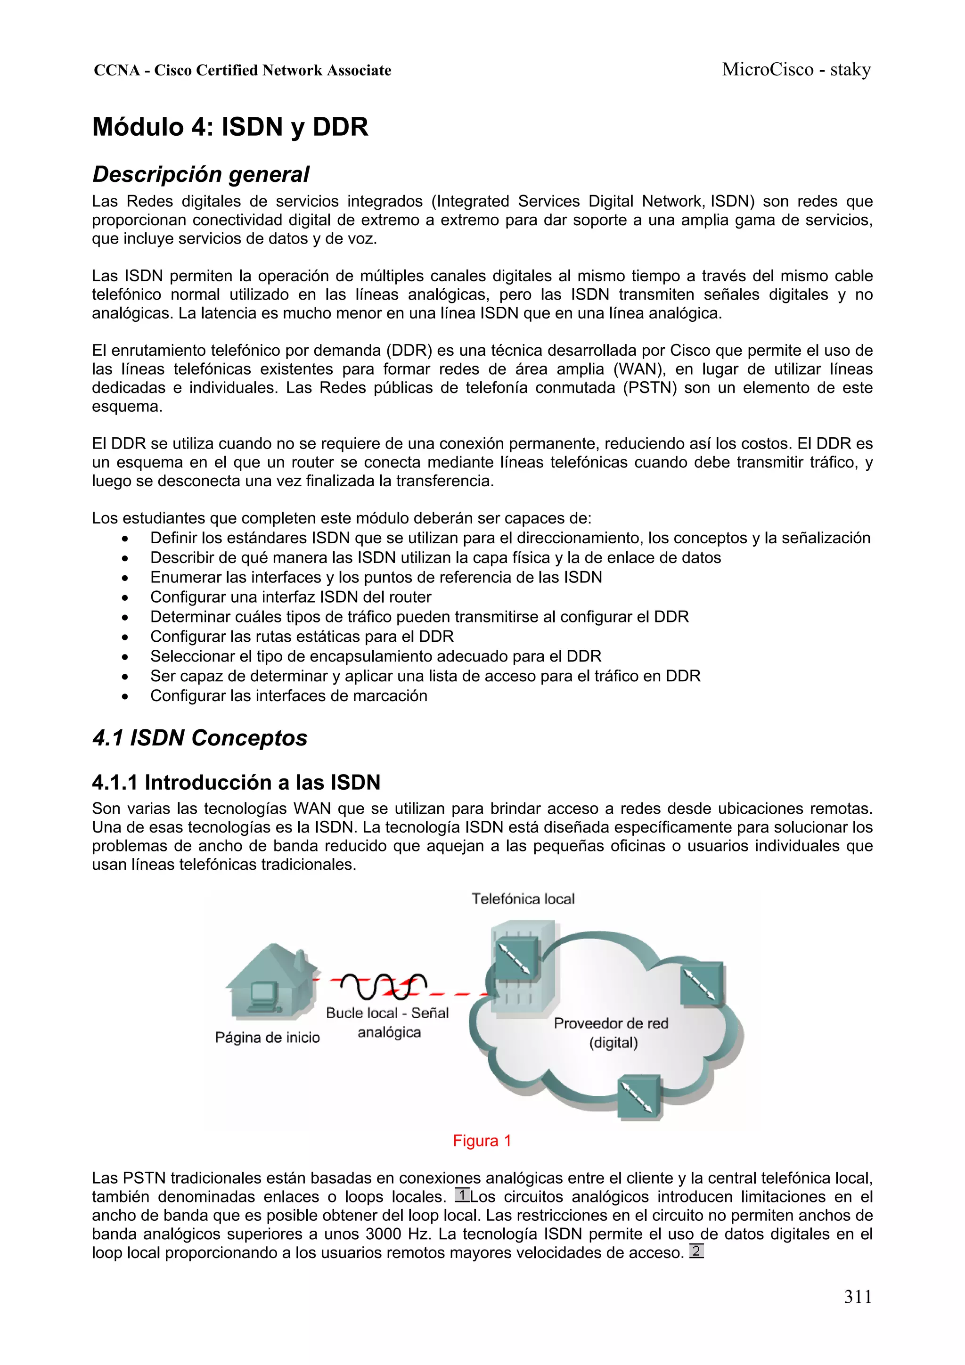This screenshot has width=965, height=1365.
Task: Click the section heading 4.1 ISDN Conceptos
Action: click(200, 738)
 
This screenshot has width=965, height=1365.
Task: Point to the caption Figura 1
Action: click(482, 1140)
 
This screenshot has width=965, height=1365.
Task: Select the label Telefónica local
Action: click(523, 899)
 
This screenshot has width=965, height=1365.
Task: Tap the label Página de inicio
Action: click(267, 1038)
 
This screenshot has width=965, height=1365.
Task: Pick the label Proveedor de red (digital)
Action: click(612, 1033)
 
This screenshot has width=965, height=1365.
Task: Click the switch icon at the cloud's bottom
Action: click(639, 1097)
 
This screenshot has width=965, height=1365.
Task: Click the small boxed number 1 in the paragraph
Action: click(462, 1195)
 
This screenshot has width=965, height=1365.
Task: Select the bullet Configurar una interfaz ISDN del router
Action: click(290, 597)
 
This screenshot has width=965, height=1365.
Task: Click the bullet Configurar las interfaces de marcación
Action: click(288, 695)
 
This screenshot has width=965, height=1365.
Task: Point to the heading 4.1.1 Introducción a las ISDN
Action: click(236, 782)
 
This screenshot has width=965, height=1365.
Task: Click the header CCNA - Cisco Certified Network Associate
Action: click(243, 71)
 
